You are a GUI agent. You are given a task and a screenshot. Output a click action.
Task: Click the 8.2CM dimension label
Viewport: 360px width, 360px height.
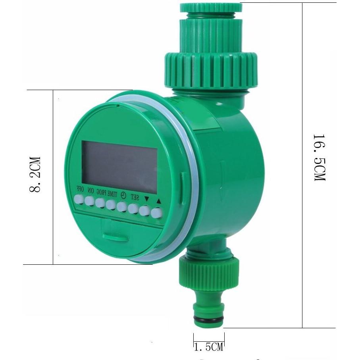coord(35,175)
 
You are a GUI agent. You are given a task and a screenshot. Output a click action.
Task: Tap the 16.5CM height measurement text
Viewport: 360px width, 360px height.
coord(320,158)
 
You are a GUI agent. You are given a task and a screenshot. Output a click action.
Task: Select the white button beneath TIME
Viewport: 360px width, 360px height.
coord(111,205)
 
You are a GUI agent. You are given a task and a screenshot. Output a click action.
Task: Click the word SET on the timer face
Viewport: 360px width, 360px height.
coord(135,197)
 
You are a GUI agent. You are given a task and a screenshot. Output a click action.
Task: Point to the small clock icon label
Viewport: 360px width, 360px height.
coord(124,195)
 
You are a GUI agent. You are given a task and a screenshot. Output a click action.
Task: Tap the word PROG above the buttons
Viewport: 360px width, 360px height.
coord(101,193)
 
